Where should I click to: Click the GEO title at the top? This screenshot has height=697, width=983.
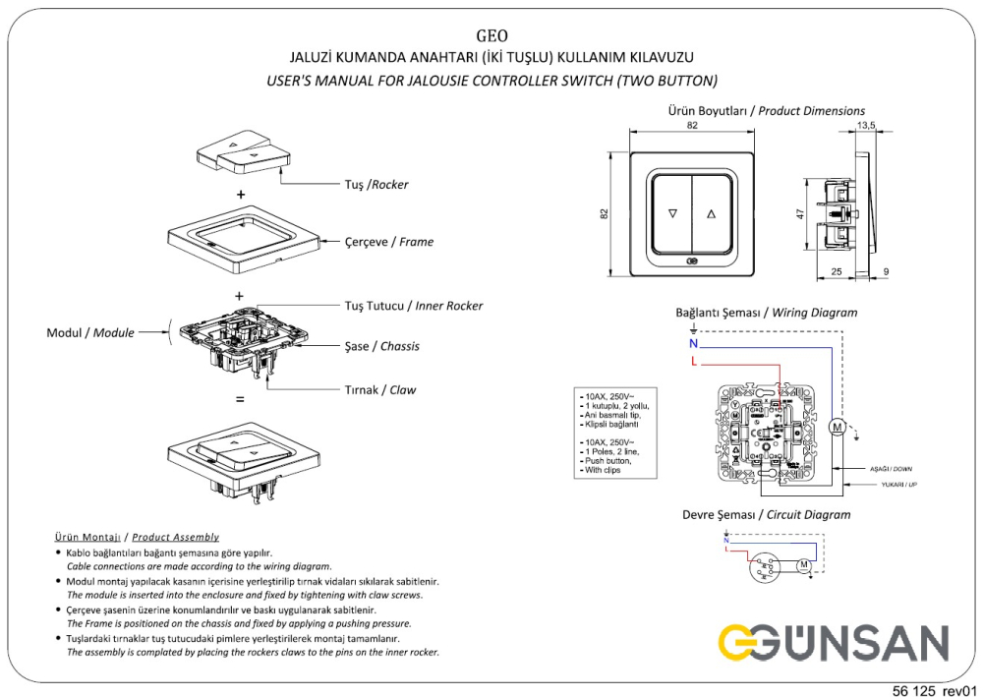point(491,36)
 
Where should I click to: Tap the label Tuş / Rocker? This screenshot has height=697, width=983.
point(376,185)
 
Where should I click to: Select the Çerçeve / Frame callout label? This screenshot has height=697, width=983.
point(389,241)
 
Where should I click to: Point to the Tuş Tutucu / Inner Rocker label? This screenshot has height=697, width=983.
point(414,306)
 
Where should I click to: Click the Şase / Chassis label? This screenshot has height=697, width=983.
point(382,346)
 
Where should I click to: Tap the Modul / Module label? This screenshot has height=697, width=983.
point(90,333)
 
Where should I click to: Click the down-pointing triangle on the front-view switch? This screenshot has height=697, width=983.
point(673,212)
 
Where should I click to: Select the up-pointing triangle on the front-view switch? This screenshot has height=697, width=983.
point(712,212)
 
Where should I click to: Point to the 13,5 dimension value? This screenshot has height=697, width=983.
point(866,126)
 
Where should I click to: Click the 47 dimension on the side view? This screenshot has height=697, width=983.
point(801,213)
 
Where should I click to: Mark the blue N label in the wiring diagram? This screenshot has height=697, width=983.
point(692,344)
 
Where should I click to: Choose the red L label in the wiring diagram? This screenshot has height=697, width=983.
point(693,363)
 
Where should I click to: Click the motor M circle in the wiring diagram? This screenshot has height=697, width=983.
point(837,427)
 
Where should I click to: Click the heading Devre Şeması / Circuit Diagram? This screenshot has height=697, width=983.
point(766,514)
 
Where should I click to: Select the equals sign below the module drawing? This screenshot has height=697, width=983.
point(240,400)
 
